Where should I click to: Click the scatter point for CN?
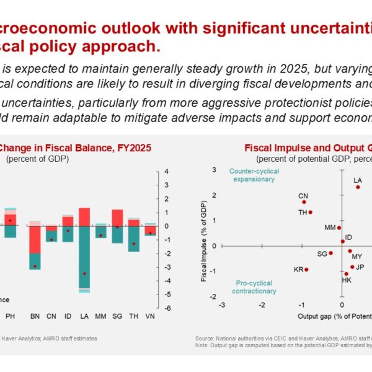[x=304, y=202]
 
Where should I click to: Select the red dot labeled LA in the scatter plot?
[x=358, y=187]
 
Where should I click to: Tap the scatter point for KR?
[x=306, y=270]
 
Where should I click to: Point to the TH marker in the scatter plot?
[x=310, y=212]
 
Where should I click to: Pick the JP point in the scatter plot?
[x=352, y=267]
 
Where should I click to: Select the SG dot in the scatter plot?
[x=331, y=253]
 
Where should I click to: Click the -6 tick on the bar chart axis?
[x=166, y=308]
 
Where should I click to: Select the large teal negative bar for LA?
[x=84, y=257]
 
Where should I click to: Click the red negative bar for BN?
[x=35, y=239]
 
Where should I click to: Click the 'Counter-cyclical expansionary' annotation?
[x=252, y=175]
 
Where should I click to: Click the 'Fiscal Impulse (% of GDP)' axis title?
[x=205, y=241]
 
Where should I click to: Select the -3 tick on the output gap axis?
[x=222, y=305]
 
